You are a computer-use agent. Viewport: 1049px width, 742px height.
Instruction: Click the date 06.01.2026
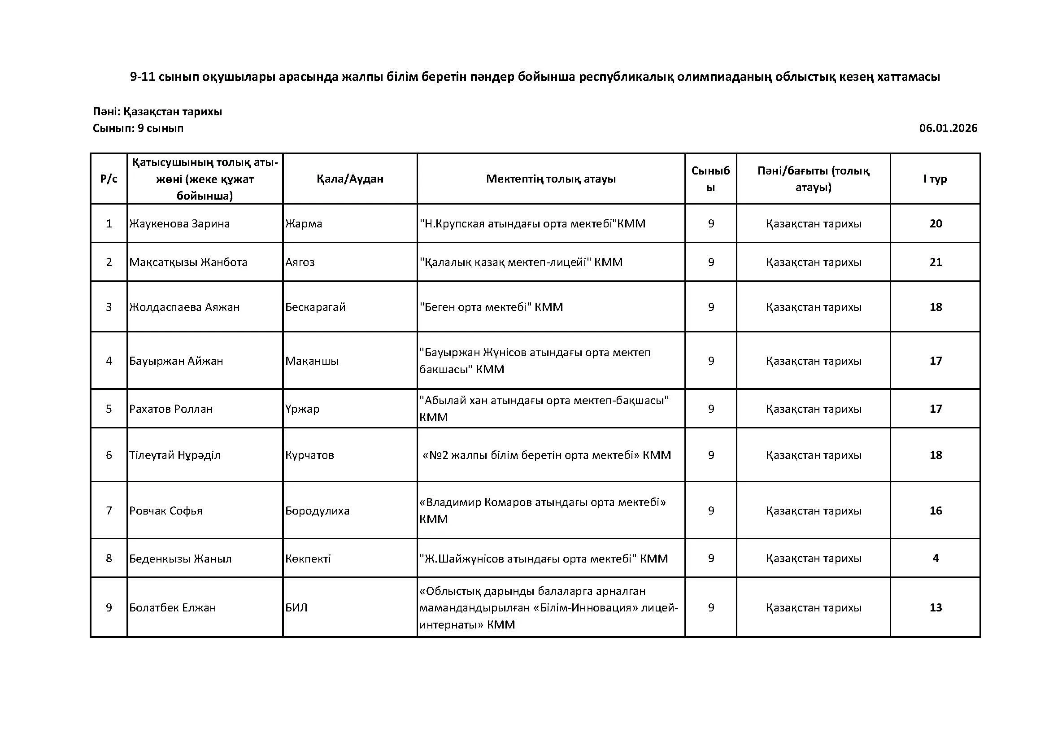pyautogui.click(x=948, y=128)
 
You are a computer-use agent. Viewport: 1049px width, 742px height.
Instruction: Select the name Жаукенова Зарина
pyautogui.click(x=179, y=224)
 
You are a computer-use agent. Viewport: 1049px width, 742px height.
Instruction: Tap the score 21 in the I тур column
pyautogui.click(x=935, y=262)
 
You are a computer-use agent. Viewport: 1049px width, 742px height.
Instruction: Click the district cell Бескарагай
pyautogui.click(x=315, y=307)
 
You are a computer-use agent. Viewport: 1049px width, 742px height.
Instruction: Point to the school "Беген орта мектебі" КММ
pyautogui.click(x=491, y=307)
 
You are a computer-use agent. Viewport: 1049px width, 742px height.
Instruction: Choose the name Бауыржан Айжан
pyautogui.click(x=176, y=361)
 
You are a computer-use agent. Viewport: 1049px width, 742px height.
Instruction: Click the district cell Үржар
pyautogui.click(x=302, y=409)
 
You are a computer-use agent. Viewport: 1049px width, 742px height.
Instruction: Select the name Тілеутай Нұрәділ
pyautogui.click(x=174, y=455)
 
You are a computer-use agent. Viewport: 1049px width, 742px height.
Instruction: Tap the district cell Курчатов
pyautogui.click(x=309, y=455)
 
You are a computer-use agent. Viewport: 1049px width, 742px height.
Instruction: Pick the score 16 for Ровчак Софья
pyautogui.click(x=935, y=511)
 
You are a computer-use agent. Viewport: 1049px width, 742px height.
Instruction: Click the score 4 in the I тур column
pyautogui.click(x=935, y=559)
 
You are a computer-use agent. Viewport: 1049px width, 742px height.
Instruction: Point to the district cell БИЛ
pyautogui.click(x=296, y=608)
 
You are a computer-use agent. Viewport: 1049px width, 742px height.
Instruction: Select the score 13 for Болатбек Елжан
pyautogui.click(x=935, y=608)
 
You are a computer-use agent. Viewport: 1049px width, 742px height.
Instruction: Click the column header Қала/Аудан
pyautogui.click(x=349, y=179)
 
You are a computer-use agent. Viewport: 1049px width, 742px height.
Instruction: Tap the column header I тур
pyautogui.click(x=935, y=179)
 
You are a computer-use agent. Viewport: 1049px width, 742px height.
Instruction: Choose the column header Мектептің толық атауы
pyautogui.click(x=551, y=179)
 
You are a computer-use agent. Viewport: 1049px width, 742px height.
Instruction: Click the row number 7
pyautogui.click(x=109, y=511)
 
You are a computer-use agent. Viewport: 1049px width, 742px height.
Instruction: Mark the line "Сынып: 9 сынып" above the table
pyautogui.click(x=138, y=128)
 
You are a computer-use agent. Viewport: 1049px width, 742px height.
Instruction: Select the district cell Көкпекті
pyautogui.click(x=308, y=559)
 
